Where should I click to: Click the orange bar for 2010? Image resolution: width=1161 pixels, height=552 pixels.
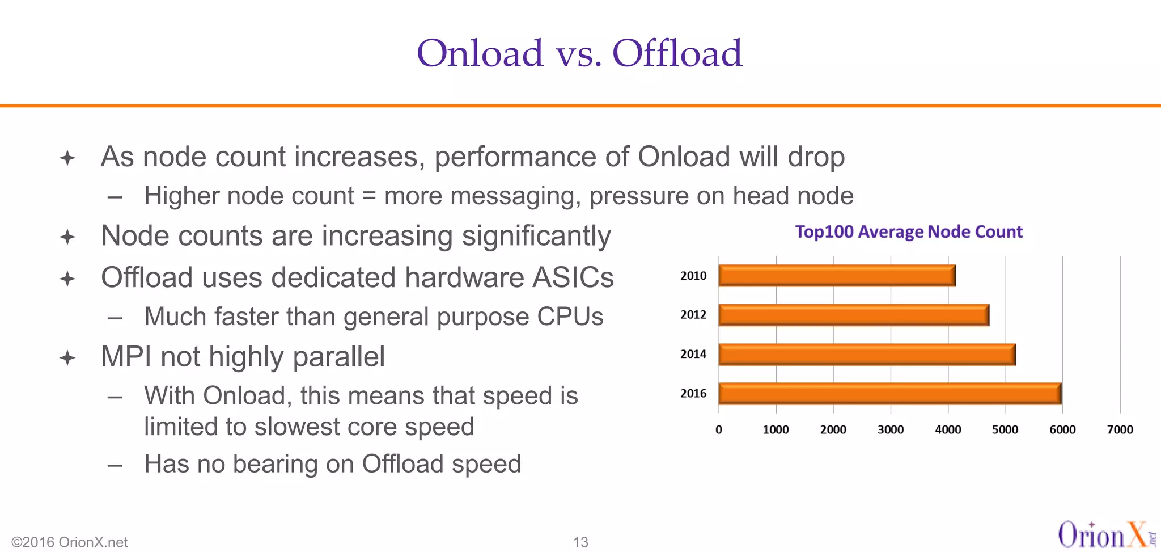pos(837,276)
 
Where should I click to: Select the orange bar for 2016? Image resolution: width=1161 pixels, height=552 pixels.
pos(889,393)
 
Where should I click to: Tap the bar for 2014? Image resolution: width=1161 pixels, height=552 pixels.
pos(867,354)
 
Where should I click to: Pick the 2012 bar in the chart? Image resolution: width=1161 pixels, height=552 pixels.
pos(853,315)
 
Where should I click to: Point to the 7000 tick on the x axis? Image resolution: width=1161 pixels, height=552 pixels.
pos(1120,430)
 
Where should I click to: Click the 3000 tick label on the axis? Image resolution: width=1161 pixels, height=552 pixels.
pos(890,430)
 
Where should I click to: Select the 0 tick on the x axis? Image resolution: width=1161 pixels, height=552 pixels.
pos(719,430)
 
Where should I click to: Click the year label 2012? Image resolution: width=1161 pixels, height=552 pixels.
pos(693,315)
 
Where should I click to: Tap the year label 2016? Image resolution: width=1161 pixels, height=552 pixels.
pos(693,393)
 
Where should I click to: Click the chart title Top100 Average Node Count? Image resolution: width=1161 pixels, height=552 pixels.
pos(908,232)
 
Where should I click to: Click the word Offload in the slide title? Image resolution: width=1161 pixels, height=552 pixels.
pos(677,53)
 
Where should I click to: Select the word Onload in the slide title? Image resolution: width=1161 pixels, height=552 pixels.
pos(480,53)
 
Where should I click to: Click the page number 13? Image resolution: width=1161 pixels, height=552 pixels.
pos(580,542)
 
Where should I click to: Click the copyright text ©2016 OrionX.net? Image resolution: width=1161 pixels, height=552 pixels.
pos(70,542)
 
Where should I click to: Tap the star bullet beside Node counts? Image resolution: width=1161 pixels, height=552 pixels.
pos(67,237)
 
